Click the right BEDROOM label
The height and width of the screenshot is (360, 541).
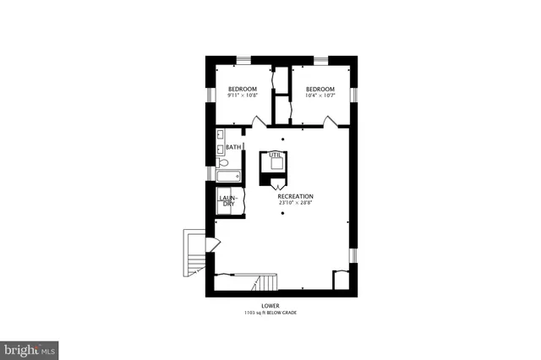(320, 90)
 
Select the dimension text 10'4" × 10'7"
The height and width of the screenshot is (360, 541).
(320, 96)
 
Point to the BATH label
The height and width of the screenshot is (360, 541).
(232, 148)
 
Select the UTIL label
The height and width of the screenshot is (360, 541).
(274, 155)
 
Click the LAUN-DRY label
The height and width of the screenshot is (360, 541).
(228, 202)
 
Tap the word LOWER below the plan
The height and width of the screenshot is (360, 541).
(270, 306)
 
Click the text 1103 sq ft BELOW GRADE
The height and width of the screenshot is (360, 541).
(270, 313)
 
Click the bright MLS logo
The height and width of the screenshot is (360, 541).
(30, 348)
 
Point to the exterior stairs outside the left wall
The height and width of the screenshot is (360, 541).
(195, 253)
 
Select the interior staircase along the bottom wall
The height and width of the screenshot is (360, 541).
(265, 282)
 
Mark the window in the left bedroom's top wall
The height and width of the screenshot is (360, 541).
(243, 60)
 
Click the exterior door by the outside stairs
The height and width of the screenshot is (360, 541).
(212, 244)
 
